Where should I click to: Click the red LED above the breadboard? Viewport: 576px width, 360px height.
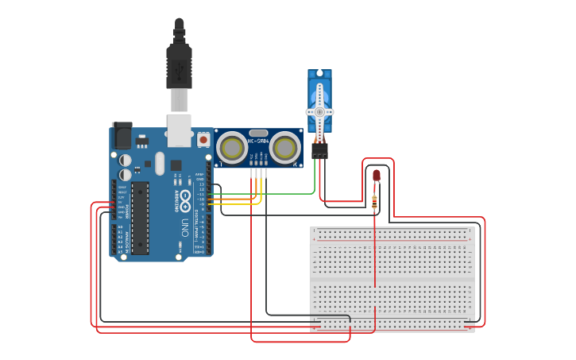point(377,175)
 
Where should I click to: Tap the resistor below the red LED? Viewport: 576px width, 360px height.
point(374,203)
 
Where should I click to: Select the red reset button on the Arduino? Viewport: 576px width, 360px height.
point(203,139)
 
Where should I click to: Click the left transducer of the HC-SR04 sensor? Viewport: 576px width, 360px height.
point(232,148)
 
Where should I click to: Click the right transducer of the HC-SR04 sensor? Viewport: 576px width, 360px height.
point(284,148)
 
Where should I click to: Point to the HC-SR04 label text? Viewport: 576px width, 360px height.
point(258,141)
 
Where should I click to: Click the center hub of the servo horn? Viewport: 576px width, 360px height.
point(320,112)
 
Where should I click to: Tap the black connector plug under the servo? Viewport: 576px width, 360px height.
point(319,150)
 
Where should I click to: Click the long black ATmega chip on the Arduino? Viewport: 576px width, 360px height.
point(140,218)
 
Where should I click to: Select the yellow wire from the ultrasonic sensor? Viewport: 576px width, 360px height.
point(238,203)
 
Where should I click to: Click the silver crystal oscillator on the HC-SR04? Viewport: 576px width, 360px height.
point(258,133)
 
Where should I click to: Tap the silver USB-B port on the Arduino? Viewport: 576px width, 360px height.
point(179,130)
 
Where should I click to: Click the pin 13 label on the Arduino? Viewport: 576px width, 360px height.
point(202,184)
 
